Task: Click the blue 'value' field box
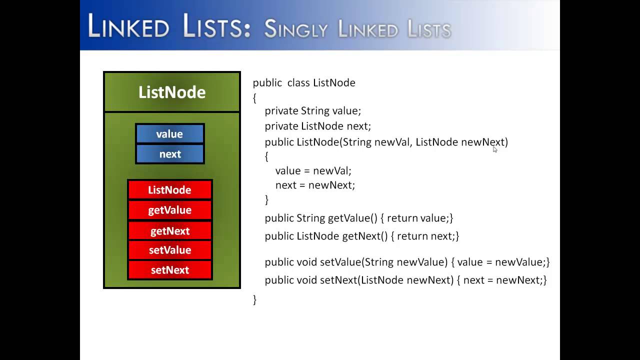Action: pyautogui.click(x=169, y=134)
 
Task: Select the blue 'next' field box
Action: pyautogui.click(x=169, y=154)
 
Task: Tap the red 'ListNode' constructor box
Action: pyautogui.click(x=169, y=190)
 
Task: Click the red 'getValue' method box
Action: pyautogui.click(x=169, y=210)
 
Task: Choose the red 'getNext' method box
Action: pyautogui.click(x=169, y=231)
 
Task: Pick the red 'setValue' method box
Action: pyautogui.click(x=169, y=250)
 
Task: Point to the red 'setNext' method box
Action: pyautogui.click(x=169, y=270)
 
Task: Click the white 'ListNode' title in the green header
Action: pyautogui.click(x=171, y=92)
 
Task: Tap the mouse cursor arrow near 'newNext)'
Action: pyautogui.click(x=495, y=149)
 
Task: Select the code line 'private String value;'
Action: pyautogui.click(x=312, y=110)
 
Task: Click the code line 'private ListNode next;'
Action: pyautogui.click(x=317, y=126)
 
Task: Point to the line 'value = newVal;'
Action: pyautogui.click(x=313, y=171)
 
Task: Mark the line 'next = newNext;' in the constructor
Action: pyautogui.click(x=315, y=185)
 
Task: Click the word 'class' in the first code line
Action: pyautogui.click(x=298, y=82)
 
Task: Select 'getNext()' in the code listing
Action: pyautogui.click(x=364, y=236)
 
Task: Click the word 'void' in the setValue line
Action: pyautogui.click(x=307, y=262)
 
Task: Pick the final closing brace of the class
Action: pyautogui.click(x=254, y=299)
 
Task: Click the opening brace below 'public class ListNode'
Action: pyautogui.click(x=254, y=98)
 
